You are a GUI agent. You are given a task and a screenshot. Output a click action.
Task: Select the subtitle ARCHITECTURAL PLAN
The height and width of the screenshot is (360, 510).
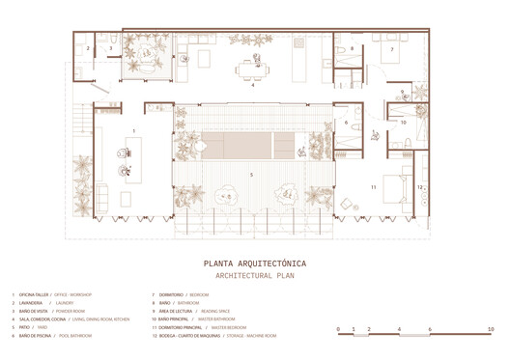pos(256,275)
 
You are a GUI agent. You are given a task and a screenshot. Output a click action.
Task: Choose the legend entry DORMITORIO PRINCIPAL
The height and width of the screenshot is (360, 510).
pos(204,327)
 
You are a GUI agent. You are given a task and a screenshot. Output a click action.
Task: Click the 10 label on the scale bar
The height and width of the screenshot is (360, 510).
pos(492,330)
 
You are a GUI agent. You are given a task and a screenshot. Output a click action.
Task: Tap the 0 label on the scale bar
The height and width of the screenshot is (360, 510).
pos(338,330)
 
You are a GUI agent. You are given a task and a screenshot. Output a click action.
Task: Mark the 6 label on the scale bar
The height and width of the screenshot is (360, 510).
pos(430,330)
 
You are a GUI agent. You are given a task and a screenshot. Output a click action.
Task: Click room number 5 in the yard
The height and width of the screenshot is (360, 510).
pos(252,175)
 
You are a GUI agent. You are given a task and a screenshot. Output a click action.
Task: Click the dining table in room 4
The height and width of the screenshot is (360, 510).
pos(253,68)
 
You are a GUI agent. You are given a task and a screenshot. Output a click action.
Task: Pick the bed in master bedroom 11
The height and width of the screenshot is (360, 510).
pos(397,184)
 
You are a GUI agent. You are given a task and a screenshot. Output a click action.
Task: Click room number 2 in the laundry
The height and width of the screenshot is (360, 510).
pos(88,47)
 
